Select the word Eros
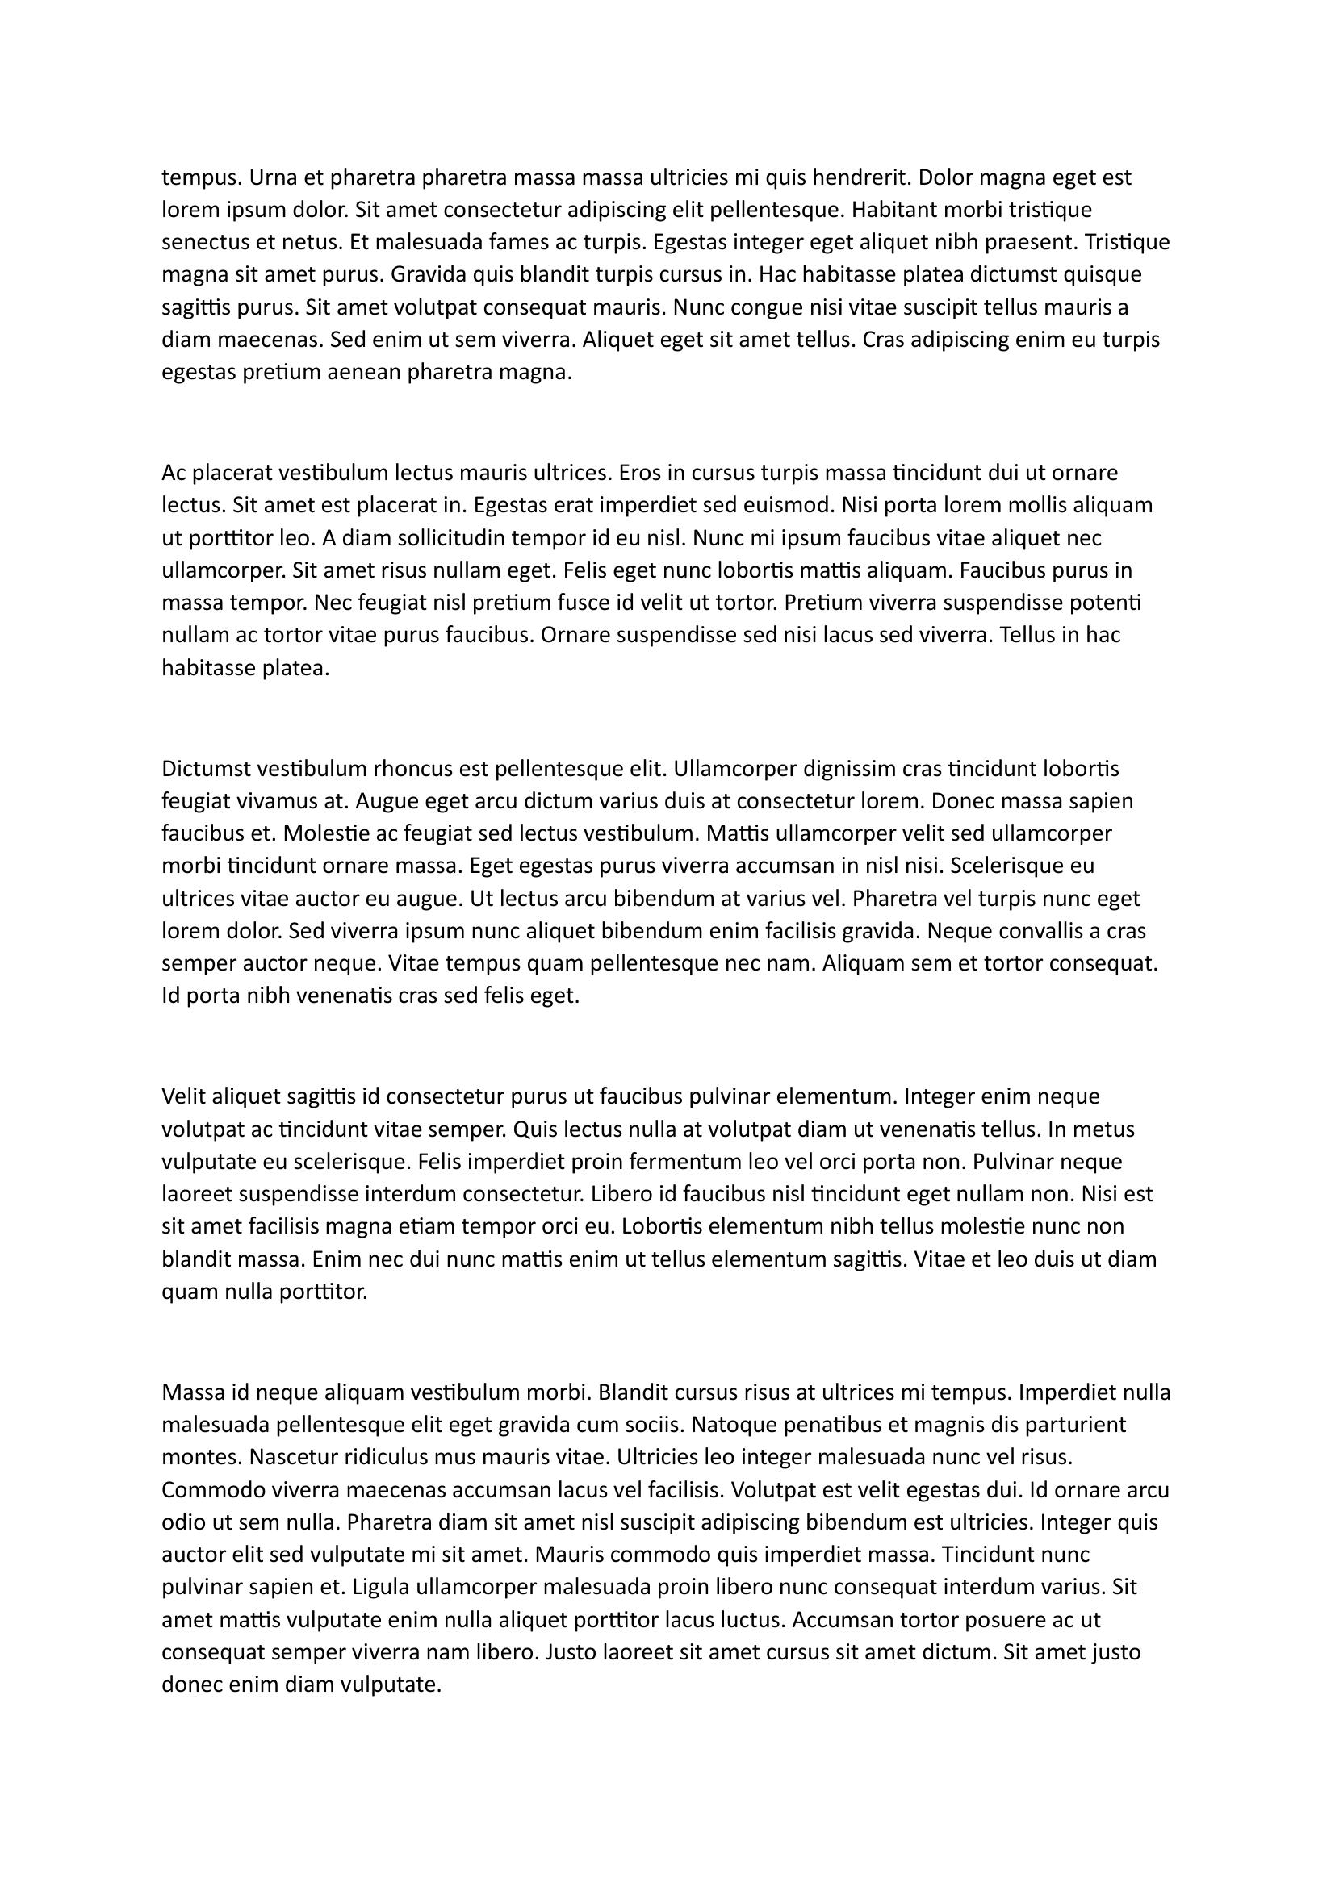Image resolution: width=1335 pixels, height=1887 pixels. tap(639, 473)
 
